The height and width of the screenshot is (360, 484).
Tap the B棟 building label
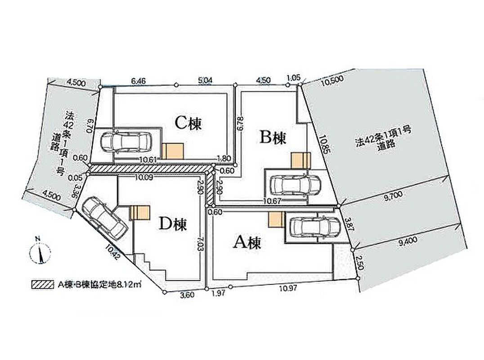273,138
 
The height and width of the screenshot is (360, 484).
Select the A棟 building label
246,243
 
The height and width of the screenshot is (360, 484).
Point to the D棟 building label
172,223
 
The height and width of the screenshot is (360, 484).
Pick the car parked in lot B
295,184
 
